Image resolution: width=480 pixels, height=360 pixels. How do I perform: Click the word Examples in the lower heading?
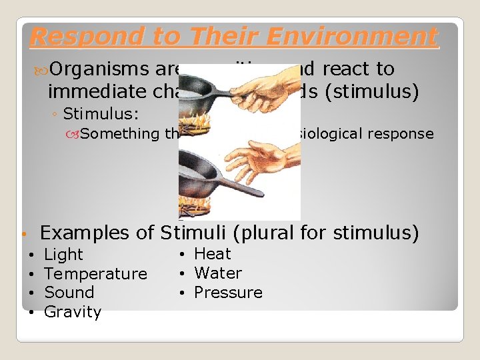[x=84, y=233]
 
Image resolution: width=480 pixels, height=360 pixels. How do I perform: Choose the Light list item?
[x=63, y=255]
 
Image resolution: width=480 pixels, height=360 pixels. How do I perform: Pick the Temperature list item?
[x=95, y=274]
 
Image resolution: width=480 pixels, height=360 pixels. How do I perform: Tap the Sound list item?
[x=69, y=293]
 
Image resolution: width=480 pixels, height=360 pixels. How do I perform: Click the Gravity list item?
[x=72, y=312]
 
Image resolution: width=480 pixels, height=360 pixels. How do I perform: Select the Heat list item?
[x=212, y=254]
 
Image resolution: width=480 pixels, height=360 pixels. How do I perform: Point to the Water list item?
[x=218, y=273]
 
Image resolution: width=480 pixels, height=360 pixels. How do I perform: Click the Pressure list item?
[x=228, y=293]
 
